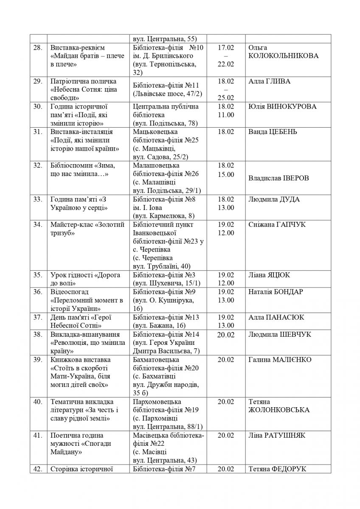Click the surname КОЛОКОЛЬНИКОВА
(283, 56)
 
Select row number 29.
(37, 81)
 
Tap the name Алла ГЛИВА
(270, 81)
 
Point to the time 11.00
(225, 115)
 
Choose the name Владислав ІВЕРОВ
(278, 178)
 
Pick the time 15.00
(225, 174)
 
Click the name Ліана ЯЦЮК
(270, 275)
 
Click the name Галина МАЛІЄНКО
(280, 360)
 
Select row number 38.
(37, 334)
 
